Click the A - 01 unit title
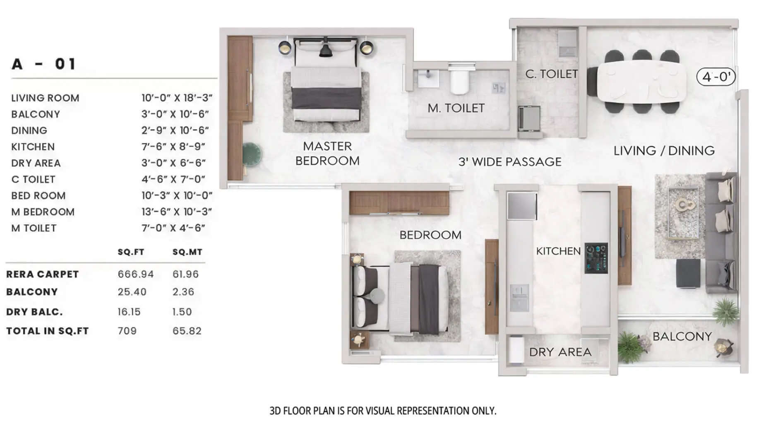click(43, 64)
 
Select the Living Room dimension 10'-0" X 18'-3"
click(177, 98)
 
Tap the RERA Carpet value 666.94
click(135, 274)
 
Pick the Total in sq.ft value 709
click(127, 331)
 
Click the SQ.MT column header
click(187, 252)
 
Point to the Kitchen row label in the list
click(33, 147)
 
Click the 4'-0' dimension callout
click(716, 77)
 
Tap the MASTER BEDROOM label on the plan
click(327, 153)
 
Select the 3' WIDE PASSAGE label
click(509, 162)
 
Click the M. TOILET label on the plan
click(456, 108)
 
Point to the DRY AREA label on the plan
click(560, 352)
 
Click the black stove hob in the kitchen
click(596, 258)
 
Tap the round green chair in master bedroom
click(251, 154)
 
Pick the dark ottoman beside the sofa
click(688, 273)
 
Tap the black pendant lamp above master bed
click(326, 50)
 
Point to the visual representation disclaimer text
click(382, 411)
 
